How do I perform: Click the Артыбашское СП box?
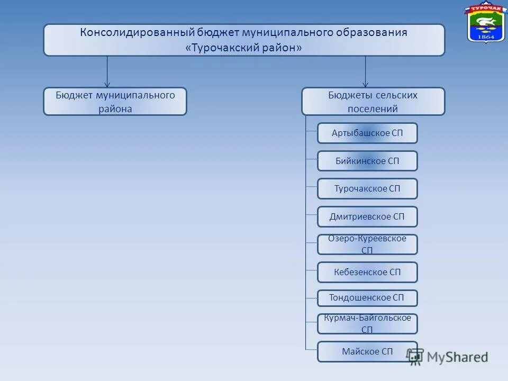tap(367, 133)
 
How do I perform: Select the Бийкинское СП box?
tap(367, 161)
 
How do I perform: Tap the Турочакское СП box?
tap(367, 189)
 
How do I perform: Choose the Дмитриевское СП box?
tap(367, 217)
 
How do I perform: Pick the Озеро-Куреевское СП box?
tap(367, 244)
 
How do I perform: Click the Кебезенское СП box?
tap(367, 273)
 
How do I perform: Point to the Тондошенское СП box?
tap(367, 298)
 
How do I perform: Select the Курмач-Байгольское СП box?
tap(367, 324)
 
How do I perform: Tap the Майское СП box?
tap(367, 352)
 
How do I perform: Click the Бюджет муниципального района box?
tap(115, 102)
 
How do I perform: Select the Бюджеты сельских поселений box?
tap(373, 102)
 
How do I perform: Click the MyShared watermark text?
tap(457, 357)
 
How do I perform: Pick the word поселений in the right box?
tap(373, 109)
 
